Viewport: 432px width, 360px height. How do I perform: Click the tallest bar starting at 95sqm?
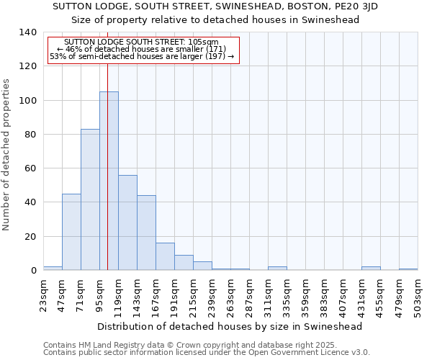click(109, 181)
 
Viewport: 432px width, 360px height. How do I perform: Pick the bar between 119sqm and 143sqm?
click(127, 222)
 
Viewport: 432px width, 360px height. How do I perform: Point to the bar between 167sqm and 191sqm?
click(165, 256)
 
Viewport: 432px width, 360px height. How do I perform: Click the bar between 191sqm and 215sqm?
click(184, 263)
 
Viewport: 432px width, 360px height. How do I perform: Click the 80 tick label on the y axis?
click(31, 135)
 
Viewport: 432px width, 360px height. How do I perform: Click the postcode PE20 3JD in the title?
click(357, 6)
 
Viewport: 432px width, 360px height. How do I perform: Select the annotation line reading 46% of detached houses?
click(143, 50)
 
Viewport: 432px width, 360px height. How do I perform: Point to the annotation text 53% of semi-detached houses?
click(143, 57)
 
